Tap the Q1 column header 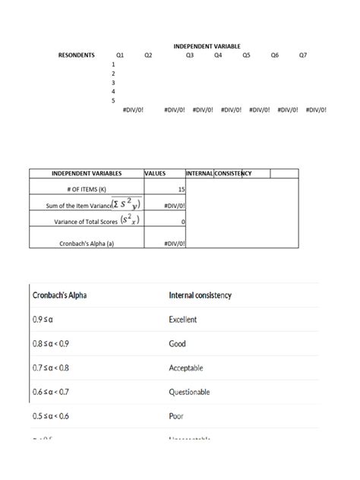tap(120, 55)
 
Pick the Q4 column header tap(218, 55)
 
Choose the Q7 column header tap(303, 55)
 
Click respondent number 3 tap(113, 82)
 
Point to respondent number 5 tap(113, 100)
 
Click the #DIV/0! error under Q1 tap(134, 109)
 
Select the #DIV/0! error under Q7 tap(316, 109)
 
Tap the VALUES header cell tap(155, 174)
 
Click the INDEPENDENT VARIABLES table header tap(86, 174)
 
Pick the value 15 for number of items tap(181, 188)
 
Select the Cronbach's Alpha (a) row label tap(86, 243)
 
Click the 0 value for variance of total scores tap(183, 222)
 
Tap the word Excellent tap(183, 320)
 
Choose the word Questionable tap(189, 392)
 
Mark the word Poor tap(176, 416)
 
